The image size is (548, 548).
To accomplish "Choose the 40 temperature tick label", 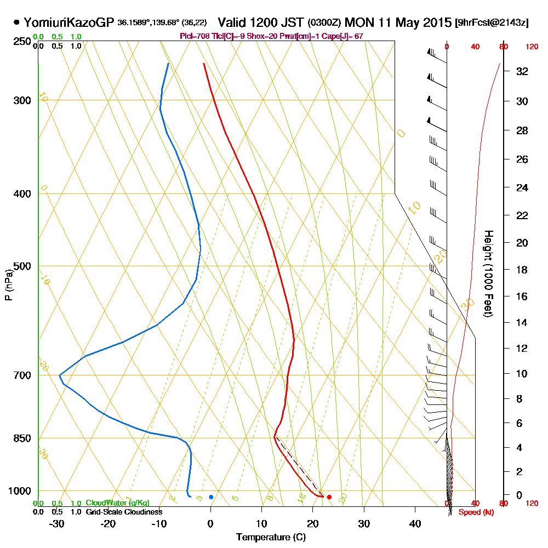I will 415,523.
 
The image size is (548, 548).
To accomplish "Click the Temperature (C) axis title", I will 271,537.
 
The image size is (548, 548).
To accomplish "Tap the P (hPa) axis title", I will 8,284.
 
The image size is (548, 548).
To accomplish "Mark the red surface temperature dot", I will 329,497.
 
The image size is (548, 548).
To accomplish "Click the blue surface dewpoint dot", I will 211,497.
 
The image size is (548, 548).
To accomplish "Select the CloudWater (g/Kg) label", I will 117,503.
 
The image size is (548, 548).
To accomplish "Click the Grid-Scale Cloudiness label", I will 124,512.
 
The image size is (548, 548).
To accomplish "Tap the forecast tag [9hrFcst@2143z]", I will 492,23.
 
